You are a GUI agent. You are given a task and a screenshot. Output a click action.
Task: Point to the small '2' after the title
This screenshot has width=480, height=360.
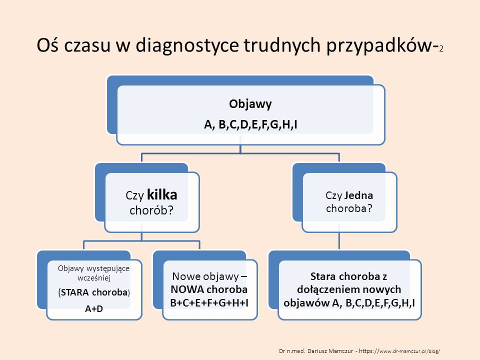tap(441, 49)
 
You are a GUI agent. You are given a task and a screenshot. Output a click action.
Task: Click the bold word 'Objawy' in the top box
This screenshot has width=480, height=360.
tap(250, 104)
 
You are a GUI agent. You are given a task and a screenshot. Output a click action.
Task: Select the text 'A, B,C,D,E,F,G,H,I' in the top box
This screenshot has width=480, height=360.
tap(250, 124)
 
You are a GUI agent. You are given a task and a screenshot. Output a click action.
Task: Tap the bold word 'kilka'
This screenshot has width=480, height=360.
tap(162, 194)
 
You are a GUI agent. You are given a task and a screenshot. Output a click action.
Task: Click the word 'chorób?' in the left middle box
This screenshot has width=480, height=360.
tap(151, 210)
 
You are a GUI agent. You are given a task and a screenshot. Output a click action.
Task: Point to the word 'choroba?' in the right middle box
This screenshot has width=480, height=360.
tap(349, 208)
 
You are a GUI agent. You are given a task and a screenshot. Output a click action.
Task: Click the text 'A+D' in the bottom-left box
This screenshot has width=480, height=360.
tap(94, 309)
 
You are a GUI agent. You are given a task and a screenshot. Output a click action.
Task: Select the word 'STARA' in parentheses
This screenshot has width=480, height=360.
tap(74, 292)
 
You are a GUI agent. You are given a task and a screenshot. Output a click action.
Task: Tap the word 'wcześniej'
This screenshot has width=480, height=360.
tap(94, 278)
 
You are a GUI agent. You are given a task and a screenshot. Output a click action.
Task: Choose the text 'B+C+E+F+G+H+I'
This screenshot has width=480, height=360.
tap(209, 303)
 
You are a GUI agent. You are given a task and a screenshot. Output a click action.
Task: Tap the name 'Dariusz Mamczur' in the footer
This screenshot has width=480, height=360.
tap(330, 351)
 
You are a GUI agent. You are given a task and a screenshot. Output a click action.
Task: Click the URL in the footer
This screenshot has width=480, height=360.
tap(399, 351)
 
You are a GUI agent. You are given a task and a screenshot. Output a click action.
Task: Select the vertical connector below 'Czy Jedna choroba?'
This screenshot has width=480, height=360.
tap(339, 240)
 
